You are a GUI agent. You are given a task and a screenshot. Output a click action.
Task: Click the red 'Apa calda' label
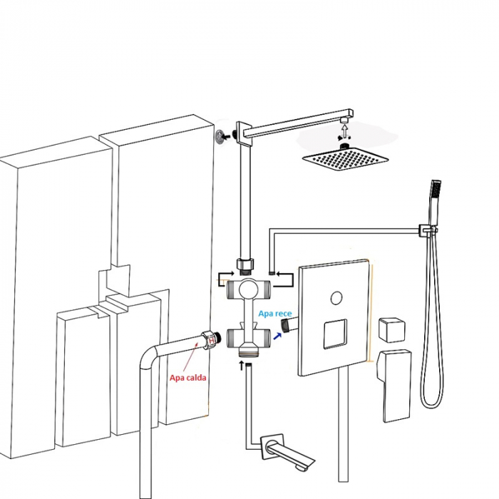click(x=187, y=378)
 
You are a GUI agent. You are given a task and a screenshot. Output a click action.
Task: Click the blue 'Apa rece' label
click(x=275, y=314)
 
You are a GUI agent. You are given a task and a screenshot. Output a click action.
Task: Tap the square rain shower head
click(x=345, y=158)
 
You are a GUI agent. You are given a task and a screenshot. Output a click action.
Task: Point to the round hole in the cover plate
click(x=336, y=298)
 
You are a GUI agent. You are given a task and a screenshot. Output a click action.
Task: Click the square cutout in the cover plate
click(x=335, y=334)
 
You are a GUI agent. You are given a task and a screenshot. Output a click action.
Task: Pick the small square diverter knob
click(x=392, y=329)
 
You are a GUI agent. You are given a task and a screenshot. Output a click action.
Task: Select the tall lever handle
click(x=393, y=386)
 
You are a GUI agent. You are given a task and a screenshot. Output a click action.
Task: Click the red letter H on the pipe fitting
click(x=211, y=341)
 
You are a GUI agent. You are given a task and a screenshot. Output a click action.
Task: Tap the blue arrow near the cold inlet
click(x=277, y=336)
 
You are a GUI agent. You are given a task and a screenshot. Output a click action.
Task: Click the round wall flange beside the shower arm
click(x=219, y=137)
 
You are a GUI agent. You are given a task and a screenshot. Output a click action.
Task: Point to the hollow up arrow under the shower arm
click(x=344, y=130)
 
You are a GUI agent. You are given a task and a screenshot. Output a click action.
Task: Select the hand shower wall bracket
click(x=426, y=230)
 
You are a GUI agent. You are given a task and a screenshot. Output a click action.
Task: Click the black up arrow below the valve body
click(x=242, y=366)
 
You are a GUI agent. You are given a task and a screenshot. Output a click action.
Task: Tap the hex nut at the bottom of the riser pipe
click(x=245, y=264)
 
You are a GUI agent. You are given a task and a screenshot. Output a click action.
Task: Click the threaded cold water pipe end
click(x=286, y=325)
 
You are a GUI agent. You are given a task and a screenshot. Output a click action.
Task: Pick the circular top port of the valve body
click(x=249, y=289)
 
